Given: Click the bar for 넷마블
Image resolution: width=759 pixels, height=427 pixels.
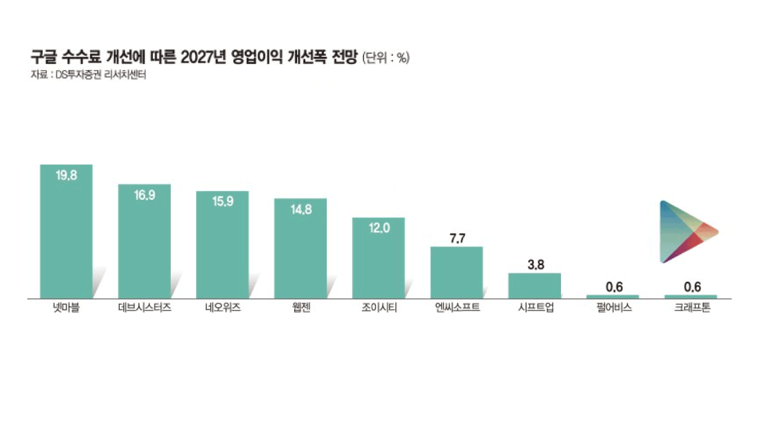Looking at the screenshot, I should pos(66,231).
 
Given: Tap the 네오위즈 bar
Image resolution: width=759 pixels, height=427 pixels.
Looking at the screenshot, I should pos(222,245).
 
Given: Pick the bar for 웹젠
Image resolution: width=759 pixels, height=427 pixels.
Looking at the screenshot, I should pos(300,248).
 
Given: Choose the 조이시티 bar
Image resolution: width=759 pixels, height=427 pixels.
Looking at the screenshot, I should pos(378,258).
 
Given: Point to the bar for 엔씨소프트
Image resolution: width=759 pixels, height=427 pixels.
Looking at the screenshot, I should pos(457,272).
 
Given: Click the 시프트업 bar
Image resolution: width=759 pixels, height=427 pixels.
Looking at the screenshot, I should pos(534,285).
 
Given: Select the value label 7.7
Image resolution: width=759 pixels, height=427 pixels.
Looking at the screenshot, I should pos(457,238).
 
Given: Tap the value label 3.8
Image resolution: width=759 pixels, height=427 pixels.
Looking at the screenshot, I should pos(535,265).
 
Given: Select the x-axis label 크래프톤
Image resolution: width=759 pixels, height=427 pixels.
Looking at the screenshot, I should pos(691,308).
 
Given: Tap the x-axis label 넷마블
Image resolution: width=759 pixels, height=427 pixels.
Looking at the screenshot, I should pos(66,308).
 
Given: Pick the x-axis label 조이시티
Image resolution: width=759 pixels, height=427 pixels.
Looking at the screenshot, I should pos(378,308).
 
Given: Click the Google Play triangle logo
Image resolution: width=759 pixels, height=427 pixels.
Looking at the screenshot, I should pos(685,232).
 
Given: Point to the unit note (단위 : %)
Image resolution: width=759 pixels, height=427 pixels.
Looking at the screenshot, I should pos(386,58).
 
